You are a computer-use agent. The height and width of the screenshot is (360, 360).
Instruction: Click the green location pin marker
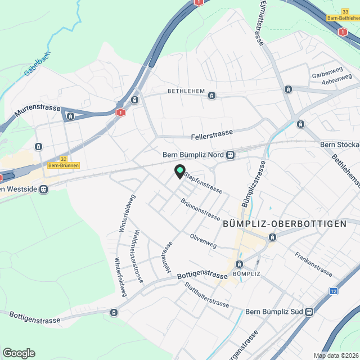(179, 171)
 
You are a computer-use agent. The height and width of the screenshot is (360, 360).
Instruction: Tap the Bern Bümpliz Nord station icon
(230, 155)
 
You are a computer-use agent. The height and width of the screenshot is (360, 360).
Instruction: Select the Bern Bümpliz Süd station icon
(309, 312)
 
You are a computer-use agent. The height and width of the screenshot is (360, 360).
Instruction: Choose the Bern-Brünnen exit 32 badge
(64, 162)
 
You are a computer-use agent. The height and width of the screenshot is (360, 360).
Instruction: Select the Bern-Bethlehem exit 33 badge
(344, 15)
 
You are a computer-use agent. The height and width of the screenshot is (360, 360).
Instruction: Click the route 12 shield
(334, 291)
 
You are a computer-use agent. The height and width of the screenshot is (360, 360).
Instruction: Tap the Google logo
(19, 353)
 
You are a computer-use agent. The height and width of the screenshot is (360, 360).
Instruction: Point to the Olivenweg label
(204, 241)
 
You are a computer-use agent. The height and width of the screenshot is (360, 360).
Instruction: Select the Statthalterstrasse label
(206, 295)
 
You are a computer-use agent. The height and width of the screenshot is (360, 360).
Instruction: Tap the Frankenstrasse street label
(313, 262)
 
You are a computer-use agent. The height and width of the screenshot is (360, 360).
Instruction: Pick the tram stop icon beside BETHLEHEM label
(211, 95)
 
